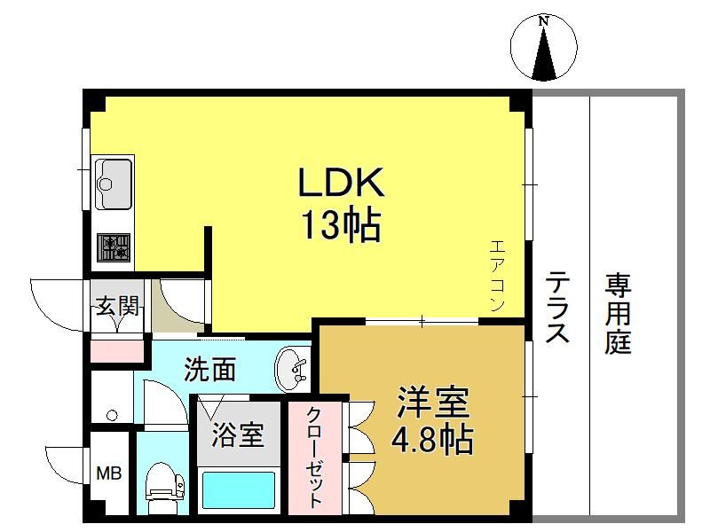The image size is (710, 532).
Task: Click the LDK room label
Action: click(341, 182)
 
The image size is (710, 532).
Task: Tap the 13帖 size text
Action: click(341, 225)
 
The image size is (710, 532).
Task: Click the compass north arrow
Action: click(544, 52)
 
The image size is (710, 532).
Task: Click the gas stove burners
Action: click(114, 247)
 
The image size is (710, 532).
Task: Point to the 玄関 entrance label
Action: click(117, 307)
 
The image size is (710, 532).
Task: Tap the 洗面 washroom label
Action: click(209, 369)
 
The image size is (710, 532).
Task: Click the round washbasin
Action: click(292, 369)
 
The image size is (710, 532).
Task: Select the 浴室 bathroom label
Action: click(238, 434)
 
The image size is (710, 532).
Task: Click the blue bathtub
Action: click(238, 490)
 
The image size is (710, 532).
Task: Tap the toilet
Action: click(164, 488)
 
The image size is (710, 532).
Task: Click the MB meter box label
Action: click(109, 473)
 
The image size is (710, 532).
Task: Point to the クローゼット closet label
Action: click(315, 458)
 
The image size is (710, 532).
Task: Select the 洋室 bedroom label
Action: click(433, 403)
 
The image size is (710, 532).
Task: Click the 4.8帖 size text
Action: click(432, 439)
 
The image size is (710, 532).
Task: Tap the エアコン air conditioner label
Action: click(497, 276)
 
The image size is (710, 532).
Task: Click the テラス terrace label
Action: click(557, 307)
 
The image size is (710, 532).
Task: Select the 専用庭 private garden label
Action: click(618, 314)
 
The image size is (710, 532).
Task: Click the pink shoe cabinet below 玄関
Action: click(117, 352)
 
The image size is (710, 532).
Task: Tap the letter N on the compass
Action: click(543, 20)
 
